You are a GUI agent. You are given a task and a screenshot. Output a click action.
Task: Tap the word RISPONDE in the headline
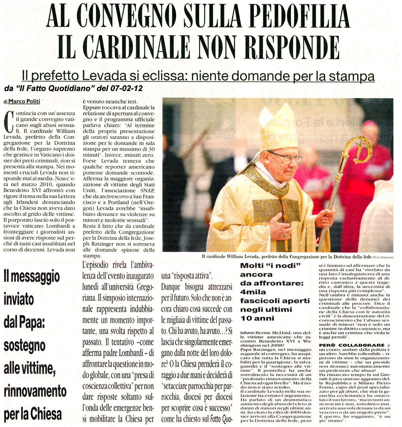(287, 48)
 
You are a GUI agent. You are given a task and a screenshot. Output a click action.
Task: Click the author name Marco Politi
(24, 101)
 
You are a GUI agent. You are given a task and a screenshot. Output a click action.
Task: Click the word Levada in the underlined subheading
(109, 76)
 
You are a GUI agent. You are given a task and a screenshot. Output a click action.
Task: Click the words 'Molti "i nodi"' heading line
(271, 266)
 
